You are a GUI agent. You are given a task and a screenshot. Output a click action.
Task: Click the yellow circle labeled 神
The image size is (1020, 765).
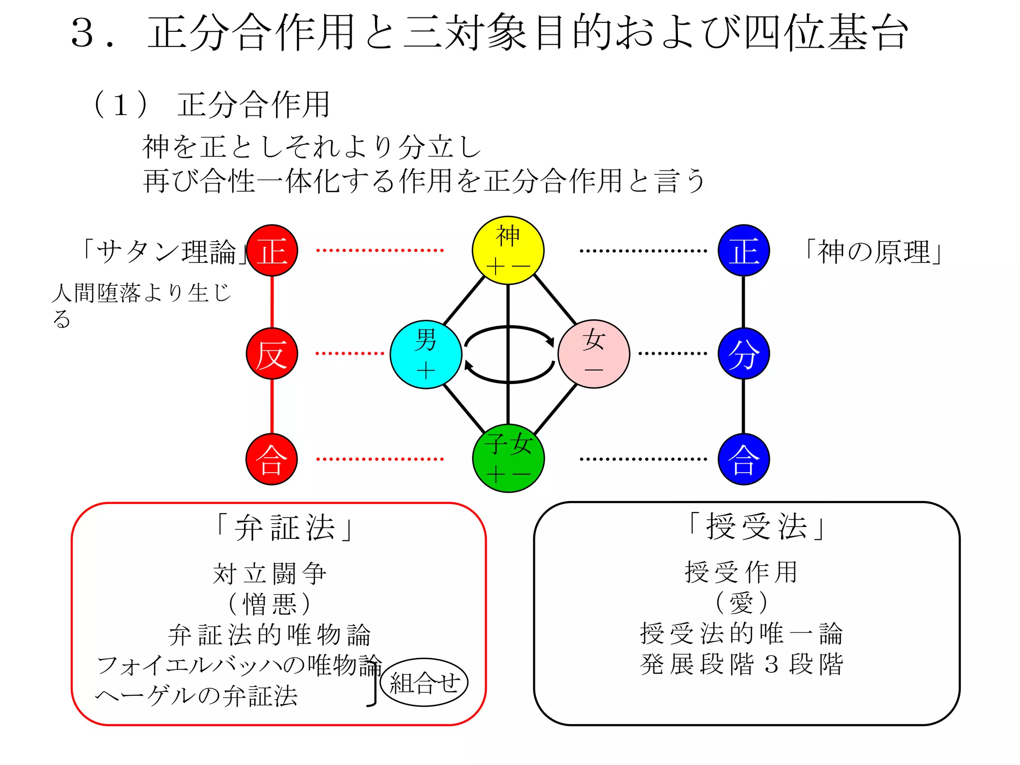click(508, 251)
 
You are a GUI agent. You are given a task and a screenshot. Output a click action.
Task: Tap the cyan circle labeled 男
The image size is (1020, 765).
click(426, 354)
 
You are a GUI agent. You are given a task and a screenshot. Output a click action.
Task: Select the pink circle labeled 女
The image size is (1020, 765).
click(594, 354)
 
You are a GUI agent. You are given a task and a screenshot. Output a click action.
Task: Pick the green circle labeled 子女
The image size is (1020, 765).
click(508, 458)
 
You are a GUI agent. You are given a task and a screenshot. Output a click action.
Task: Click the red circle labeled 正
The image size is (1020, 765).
click(272, 251)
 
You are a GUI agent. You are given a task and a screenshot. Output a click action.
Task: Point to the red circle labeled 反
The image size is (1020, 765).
click(272, 354)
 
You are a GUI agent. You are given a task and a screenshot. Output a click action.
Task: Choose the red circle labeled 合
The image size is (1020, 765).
click(272, 459)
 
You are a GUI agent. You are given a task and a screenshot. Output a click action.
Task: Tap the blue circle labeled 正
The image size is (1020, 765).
click(744, 251)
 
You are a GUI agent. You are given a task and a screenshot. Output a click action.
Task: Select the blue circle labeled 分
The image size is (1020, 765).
click(744, 354)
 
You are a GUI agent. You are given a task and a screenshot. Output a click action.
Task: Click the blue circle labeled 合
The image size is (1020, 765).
click(744, 459)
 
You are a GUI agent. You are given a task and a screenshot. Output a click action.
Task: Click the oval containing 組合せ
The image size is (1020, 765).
click(424, 682)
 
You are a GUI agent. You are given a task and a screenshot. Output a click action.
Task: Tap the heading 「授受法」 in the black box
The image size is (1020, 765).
click(756, 526)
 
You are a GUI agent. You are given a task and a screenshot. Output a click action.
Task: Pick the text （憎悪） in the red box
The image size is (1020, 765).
click(269, 604)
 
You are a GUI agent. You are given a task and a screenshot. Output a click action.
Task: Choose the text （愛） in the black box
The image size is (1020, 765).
click(742, 603)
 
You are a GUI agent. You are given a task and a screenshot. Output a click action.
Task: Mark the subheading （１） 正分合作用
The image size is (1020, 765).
click(212, 105)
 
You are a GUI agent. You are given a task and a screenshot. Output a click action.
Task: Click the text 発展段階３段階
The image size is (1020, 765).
click(742, 664)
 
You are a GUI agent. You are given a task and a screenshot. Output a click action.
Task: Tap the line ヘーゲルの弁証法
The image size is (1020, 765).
click(197, 696)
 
